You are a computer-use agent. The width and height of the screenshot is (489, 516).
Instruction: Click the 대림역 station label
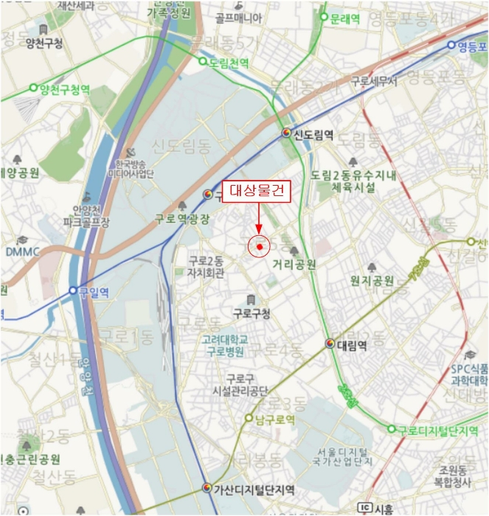(352, 344)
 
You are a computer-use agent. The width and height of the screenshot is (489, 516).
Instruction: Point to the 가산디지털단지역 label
(254, 489)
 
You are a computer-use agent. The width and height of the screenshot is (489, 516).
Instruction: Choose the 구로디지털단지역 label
(439, 429)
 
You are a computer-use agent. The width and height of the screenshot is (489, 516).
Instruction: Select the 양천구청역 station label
(65, 89)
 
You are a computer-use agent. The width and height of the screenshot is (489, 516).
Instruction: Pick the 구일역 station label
(94, 292)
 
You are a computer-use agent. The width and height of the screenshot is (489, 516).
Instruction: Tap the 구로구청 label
(251, 313)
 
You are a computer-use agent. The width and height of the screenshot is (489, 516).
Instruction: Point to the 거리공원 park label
(294, 264)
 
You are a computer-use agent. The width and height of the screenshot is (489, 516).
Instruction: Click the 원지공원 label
(372, 281)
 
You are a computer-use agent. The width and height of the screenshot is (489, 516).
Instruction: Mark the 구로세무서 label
(373, 81)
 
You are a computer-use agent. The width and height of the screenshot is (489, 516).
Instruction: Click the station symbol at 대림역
(330, 344)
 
